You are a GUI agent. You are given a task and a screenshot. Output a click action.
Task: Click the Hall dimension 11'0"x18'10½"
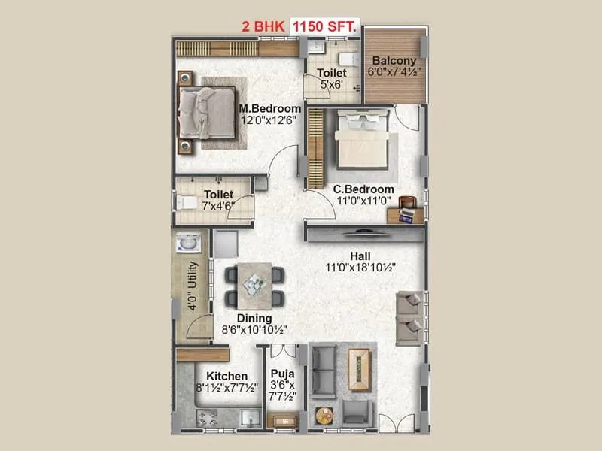[360, 267]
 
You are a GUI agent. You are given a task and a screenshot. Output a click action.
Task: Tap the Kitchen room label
[227, 376]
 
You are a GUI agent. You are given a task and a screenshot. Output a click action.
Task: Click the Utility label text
[193, 286]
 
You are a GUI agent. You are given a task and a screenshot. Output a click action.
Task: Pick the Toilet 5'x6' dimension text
[331, 85]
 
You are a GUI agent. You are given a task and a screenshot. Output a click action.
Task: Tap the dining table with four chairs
[254, 284]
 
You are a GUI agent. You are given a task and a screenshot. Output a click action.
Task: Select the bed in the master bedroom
[208, 112]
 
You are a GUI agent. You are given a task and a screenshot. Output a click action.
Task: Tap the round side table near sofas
[325, 413]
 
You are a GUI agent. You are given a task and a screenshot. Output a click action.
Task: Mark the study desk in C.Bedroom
[406, 214]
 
